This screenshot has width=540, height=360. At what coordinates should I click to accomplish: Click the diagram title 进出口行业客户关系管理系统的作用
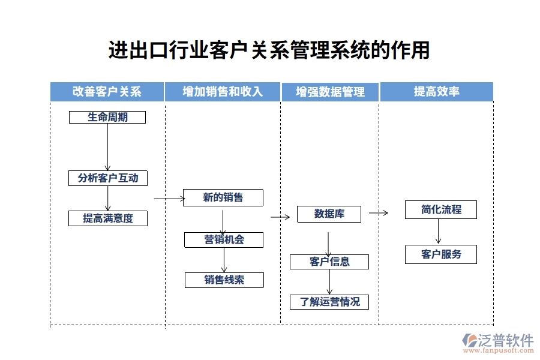[269, 50]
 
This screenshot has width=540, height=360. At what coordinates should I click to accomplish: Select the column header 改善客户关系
[107, 92]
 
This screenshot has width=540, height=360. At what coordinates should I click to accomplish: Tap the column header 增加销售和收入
[223, 92]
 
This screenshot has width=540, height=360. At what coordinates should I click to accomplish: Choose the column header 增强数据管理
[330, 92]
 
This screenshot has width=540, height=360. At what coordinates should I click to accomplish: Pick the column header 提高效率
[437, 92]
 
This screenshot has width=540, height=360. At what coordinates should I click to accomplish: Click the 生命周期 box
[107, 117]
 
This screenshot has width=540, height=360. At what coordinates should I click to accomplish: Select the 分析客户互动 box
[107, 178]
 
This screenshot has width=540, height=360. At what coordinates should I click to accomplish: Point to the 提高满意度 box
[107, 218]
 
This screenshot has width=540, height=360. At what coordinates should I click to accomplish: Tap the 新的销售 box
[223, 197]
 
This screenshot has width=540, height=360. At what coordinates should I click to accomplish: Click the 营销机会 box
[224, 240]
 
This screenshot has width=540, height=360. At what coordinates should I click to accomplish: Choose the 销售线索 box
[224, 280]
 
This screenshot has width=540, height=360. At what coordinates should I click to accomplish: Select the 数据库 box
[329, 214]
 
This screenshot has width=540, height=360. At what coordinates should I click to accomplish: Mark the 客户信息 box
[329, 262]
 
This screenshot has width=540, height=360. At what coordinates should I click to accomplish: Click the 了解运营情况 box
[329, 302]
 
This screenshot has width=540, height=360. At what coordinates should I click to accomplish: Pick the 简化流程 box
[440, 209]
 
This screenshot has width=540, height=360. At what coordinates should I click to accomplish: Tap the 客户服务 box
[440, 254]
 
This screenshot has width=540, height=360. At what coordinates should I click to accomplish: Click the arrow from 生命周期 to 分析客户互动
[107, 147]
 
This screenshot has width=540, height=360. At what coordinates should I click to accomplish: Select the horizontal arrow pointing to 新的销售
[169, 198]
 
